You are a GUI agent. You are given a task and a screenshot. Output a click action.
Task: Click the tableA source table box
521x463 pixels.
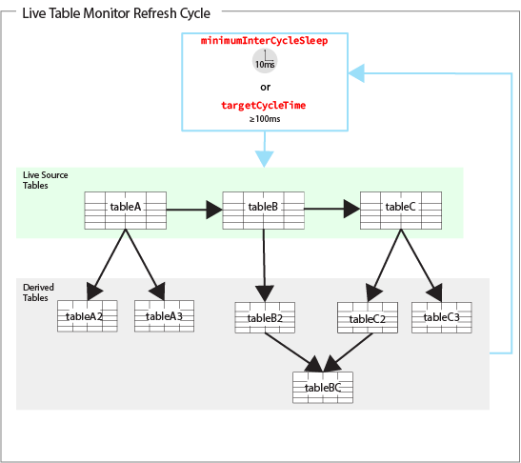tap(126, 211)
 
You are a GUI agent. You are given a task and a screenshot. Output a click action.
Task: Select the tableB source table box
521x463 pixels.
tap(263, 211)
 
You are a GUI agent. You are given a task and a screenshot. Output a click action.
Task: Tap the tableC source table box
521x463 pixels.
tap(401, 211)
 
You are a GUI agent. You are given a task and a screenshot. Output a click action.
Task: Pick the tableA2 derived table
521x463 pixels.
tap(88, 316)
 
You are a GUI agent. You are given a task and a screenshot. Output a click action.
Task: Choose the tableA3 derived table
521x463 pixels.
tap(164, 316)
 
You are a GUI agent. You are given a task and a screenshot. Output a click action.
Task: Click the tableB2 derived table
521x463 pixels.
tap(265, 318)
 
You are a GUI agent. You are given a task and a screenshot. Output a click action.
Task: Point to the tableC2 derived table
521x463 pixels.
tap(368, 318)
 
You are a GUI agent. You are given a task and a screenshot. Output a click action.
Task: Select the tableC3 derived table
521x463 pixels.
tap(442, 318)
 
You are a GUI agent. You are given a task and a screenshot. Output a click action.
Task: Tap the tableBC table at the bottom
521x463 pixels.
tap(323, 388)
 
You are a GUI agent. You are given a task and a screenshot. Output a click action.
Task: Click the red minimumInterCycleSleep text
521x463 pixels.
tap(264, 41)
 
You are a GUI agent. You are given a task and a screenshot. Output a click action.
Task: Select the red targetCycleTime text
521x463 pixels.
tap(264, 106)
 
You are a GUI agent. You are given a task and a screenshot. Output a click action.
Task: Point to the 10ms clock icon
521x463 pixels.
tap(265, 61)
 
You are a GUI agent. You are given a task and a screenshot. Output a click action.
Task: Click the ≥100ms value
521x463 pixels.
tap(265, 119)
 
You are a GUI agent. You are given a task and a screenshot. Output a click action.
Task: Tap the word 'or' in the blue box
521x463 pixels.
tap(265, 87)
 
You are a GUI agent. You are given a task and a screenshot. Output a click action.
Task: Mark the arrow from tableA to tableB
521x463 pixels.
tap(194, 210)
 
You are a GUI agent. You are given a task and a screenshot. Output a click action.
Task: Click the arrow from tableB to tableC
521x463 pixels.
tap(332, 209)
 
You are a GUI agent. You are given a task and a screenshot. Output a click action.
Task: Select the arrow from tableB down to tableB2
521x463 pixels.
tap(264, 266)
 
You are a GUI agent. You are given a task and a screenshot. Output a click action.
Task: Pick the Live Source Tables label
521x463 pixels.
tap(46, 180)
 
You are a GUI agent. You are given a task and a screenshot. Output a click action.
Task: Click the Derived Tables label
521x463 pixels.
tap(38, 292)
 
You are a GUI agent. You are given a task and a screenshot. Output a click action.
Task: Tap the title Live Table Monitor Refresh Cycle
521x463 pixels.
tap(116, 13)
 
